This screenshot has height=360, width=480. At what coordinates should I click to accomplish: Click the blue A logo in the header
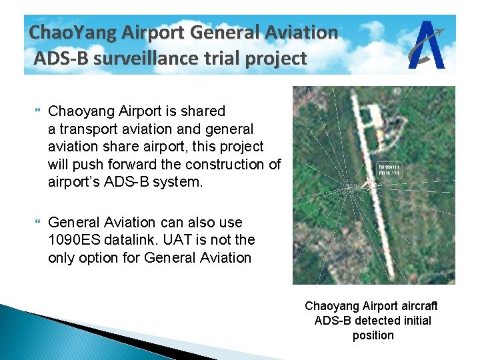pos(427,45)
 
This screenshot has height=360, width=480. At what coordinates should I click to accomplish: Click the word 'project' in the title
pos(275,59)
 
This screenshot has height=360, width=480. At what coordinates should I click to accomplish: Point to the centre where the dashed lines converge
pos(349,187)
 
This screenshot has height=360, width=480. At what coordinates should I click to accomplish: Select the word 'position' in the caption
pos(373,335)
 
